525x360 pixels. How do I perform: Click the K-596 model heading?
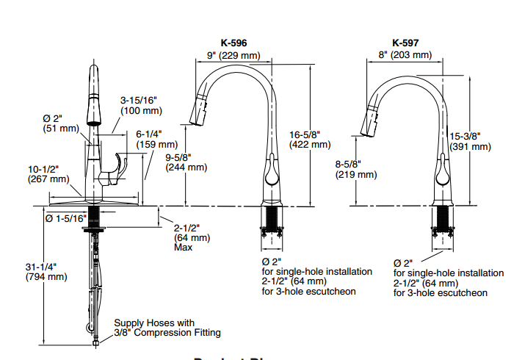[x=233, y=43]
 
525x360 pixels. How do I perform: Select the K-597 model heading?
[x=406, y=43]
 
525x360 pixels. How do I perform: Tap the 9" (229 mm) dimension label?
[x=233, y=54]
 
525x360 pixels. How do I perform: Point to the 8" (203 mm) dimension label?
[x=407, y=54]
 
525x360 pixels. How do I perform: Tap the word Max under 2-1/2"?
[x=183, y=247]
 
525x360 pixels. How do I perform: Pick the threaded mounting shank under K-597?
[x=443, y=219]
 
